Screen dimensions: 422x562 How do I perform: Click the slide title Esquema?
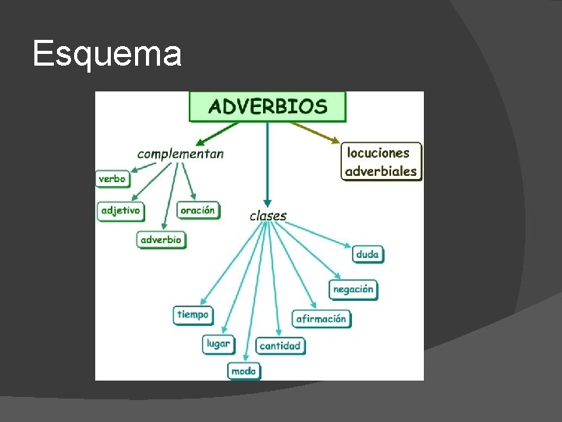(x=107, y=55)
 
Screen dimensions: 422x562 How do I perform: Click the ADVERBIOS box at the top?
(x=267, y=106)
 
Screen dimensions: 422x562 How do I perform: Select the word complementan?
(x=180, y=153)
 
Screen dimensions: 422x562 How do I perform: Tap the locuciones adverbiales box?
(x=381, y=162)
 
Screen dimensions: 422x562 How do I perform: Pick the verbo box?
(x=112, y=179)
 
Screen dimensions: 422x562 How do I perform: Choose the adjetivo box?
(x=120, y=211)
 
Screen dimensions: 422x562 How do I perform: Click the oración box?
(x=197, y=211)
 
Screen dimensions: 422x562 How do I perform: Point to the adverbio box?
(x=162, y=240)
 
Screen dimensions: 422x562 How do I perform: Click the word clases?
(x=268, y=216)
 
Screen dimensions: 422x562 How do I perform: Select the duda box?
(x=367, y=254)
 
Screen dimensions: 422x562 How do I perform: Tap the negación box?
(x=353, y=289)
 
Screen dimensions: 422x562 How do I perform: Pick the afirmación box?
(x=322, y=319)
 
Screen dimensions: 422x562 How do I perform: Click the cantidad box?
(x=280, y=345)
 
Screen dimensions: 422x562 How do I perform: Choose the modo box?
(x=244, y=371)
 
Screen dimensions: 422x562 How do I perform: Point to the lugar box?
(x=219, y=343)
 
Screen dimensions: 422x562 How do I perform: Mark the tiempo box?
(x=193, y=315)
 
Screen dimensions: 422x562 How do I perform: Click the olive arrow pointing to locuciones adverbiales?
(x=320, y=132)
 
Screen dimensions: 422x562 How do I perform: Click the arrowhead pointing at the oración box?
(x=192, y=198)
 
